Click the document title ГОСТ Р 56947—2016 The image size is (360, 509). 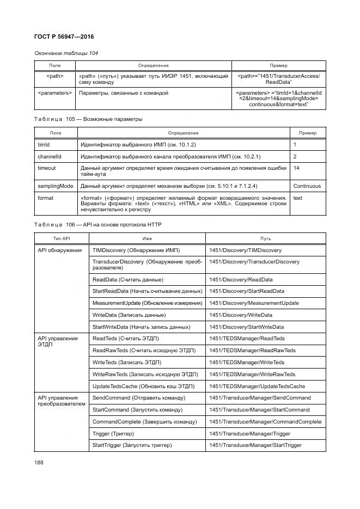coord(64,36)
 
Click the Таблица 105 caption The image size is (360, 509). coord(88,119)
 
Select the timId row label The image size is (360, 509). coord(43,145)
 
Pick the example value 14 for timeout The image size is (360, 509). coord(296,168)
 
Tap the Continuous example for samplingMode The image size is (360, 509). coord(307,186)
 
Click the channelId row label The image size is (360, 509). coord(49,156)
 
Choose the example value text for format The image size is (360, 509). coord(297,198)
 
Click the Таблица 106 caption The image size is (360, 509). coord(98,225)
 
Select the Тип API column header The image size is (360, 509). coord(61,238)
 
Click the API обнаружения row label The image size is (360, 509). coord(59,250)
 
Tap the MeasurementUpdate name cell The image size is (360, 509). coord(147,303)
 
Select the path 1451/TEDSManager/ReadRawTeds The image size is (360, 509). coord(252,351)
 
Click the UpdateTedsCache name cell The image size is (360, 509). coord(143,386)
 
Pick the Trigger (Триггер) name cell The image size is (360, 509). coord(113,434)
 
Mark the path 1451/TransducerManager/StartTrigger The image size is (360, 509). coord(255,445)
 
